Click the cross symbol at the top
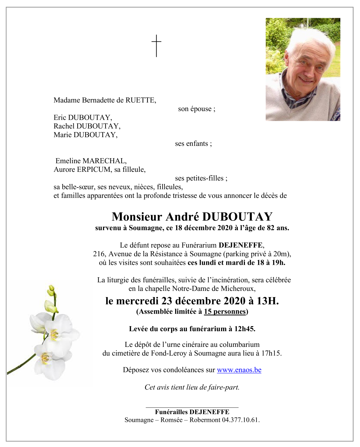pos(156,46)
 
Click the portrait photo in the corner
pos(302,69)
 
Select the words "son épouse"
pos(197,109)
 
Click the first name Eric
pos(60,118)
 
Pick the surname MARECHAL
pos(104,161)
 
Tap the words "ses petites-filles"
pos(201,178)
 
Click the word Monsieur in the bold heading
pos(137,217)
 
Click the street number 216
pos(99,254)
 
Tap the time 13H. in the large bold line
pos(267,301)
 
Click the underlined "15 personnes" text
pos(225,312)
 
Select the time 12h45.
pos(245,329)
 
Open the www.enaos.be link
pos(239,370)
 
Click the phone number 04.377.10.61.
pos(241,420)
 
